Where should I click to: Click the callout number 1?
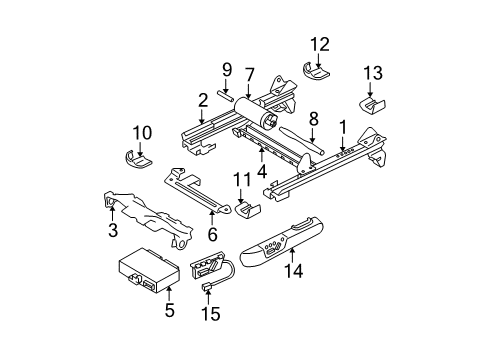pyautogui.click(x=342, y=128)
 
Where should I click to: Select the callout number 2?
pyautogui.click(x=203, y=99)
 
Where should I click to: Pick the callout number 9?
pyautogui.click(x=226, y=69)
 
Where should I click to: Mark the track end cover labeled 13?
pyautogui.click(x=373, y=106)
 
